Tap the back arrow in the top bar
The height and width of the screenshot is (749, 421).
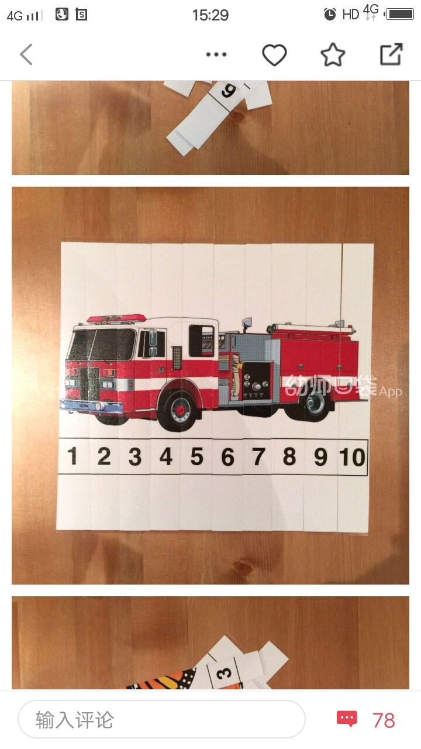26,54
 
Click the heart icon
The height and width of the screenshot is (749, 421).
274,54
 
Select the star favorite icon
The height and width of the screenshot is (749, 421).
333,54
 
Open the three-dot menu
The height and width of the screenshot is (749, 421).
216,54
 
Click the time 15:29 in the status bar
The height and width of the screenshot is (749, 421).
210,15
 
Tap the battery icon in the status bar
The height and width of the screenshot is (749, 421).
400,15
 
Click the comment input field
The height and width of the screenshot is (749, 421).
161,719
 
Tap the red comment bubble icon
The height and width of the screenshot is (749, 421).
347,719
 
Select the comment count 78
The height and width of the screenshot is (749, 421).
384,720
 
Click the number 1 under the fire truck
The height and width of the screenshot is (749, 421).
73,456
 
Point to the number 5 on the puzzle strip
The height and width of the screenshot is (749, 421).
197,456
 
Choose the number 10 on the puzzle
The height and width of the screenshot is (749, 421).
352,457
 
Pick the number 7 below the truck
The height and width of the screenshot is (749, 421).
258,457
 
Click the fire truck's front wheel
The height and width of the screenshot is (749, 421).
179,410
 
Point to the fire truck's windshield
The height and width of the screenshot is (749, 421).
102,345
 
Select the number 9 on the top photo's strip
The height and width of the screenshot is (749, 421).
229,91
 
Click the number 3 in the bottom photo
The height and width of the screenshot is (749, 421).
223,673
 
